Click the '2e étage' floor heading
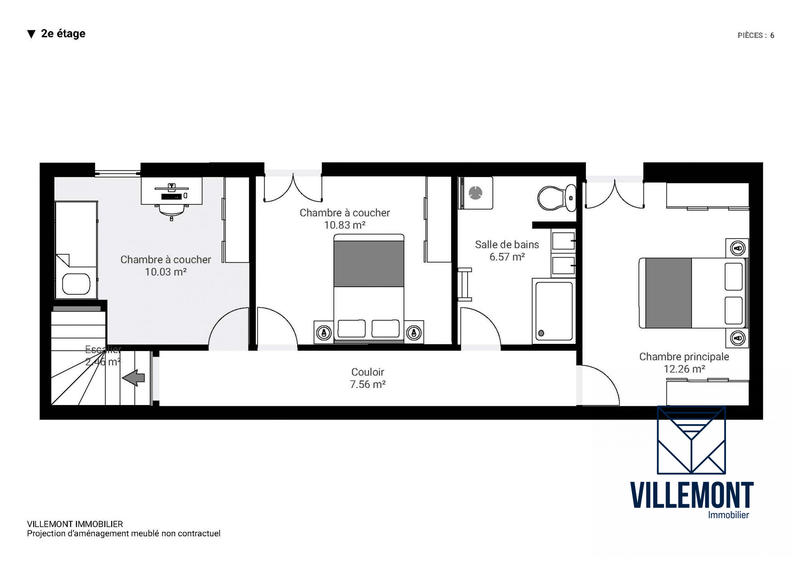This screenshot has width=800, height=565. coord(63,33)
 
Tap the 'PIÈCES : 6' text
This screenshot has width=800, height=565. coord(755,35)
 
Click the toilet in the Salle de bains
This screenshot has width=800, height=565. coord(553,195)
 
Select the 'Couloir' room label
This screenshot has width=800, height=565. coord(369,371)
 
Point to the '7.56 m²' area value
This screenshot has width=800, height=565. coord(369,383)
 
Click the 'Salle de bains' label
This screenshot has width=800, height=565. coord(507,244)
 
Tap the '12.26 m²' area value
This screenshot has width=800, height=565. coord(684,369)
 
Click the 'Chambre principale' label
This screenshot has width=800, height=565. coord(684,356)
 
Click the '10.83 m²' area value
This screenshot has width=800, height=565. coord(345,225)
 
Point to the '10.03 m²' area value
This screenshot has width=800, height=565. coord(166,272)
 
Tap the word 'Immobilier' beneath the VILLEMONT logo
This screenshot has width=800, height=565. coord(727,514)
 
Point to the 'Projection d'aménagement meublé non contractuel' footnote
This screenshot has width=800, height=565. coord(123,534)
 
